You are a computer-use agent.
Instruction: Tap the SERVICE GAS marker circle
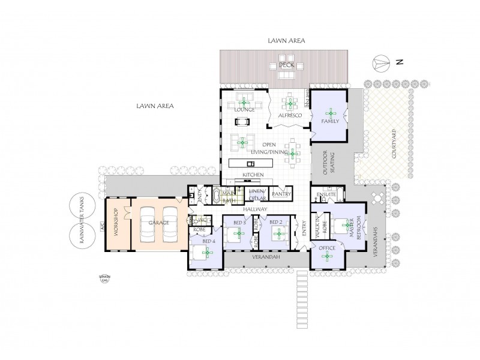[x=105, y=278]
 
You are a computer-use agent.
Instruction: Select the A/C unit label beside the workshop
[x=103, y=228]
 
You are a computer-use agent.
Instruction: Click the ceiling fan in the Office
[x=327, y=257]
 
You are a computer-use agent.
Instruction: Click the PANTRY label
[x=281, y=194]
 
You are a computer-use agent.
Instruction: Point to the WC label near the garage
[x=202, y=220]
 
